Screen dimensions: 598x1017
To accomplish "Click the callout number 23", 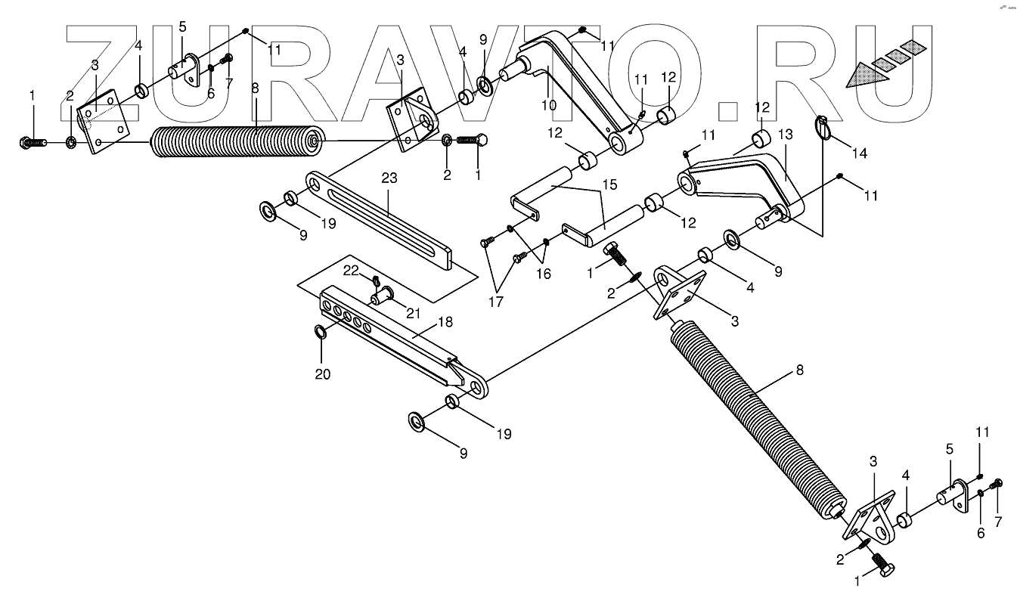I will pos(389,179).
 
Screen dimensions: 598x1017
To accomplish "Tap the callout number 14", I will pos(859,153).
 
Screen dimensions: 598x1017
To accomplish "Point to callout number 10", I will pos(549,104).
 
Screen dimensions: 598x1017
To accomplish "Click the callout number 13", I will pos(785,135).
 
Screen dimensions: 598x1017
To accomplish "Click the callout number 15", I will pos(609,184).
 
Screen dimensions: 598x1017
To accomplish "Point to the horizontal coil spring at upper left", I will pos(234,141).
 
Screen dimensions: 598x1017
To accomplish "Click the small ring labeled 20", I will pos(321,331).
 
